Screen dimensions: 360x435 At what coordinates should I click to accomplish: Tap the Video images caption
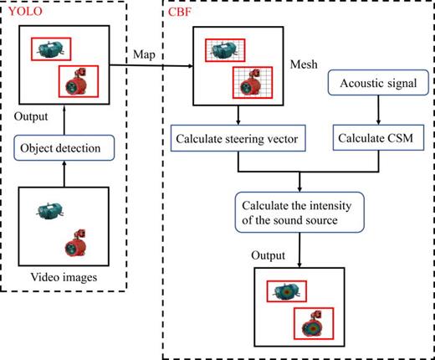(64, 276)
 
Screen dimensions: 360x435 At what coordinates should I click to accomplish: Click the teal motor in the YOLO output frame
(52, 49)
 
